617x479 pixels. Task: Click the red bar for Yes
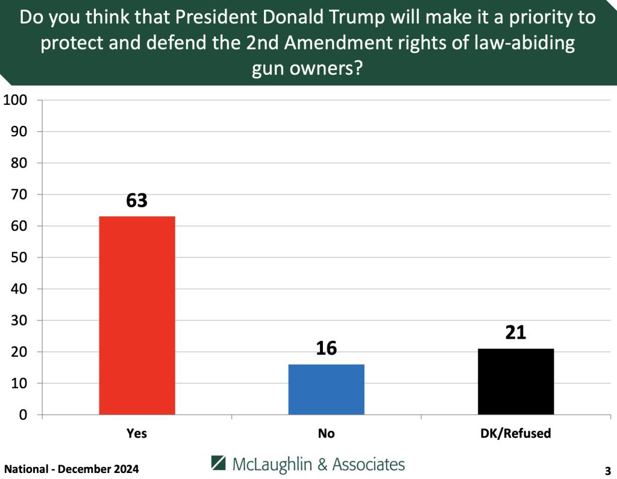[137, 315]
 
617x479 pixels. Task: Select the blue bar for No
[326, 389]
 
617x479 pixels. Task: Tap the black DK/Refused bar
[516, 381]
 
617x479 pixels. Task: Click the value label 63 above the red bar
[137, 201]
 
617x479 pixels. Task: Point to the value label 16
[326, 349]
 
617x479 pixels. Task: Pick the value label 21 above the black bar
[516, 333]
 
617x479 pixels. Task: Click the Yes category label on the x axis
[137, 433]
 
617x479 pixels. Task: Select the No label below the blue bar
[326, 433]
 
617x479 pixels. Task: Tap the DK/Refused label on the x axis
[516, 433]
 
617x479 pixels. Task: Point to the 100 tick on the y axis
[16, 100]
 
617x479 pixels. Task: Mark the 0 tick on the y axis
[23, 415]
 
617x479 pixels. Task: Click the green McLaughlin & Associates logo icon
[219, 463]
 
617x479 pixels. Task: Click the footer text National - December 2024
[72, 469]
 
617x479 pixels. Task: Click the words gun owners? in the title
[307, 69]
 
